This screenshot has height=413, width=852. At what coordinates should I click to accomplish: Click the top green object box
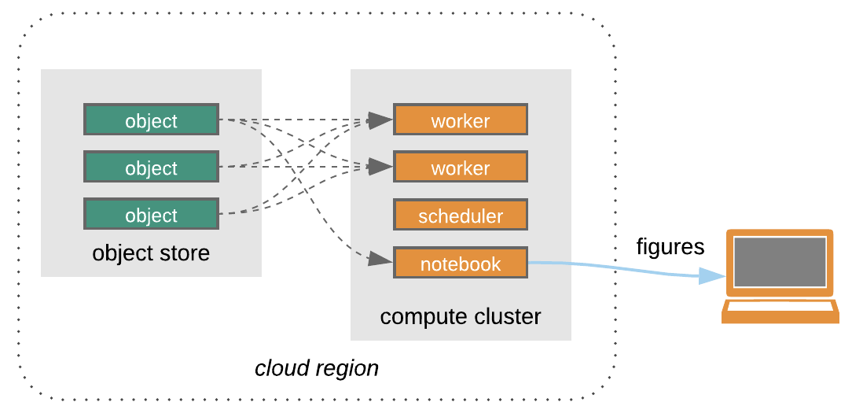[151, 120]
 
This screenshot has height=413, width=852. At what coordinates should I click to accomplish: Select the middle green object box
[151, 167]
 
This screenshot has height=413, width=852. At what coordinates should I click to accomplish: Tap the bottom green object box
[151, 214]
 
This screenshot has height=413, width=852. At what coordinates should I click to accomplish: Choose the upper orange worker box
[460, 120]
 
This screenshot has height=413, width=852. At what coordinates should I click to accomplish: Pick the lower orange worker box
[460, 168]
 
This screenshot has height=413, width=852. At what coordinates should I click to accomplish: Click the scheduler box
[460, 215]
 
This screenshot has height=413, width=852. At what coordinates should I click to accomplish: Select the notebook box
[460, 264]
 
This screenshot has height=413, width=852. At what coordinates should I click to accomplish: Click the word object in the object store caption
[121, 253]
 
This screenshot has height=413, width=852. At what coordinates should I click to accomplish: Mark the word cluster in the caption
[504, 317]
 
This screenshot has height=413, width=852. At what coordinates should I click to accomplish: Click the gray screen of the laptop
[780, 262]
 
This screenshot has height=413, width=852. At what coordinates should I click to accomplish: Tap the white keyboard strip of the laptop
[780, 306]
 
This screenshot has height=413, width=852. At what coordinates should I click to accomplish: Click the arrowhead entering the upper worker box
[380, 120]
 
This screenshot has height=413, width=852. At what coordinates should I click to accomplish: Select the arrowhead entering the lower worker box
[380, 166]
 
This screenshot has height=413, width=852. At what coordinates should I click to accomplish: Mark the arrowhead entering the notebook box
[380, 258]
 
